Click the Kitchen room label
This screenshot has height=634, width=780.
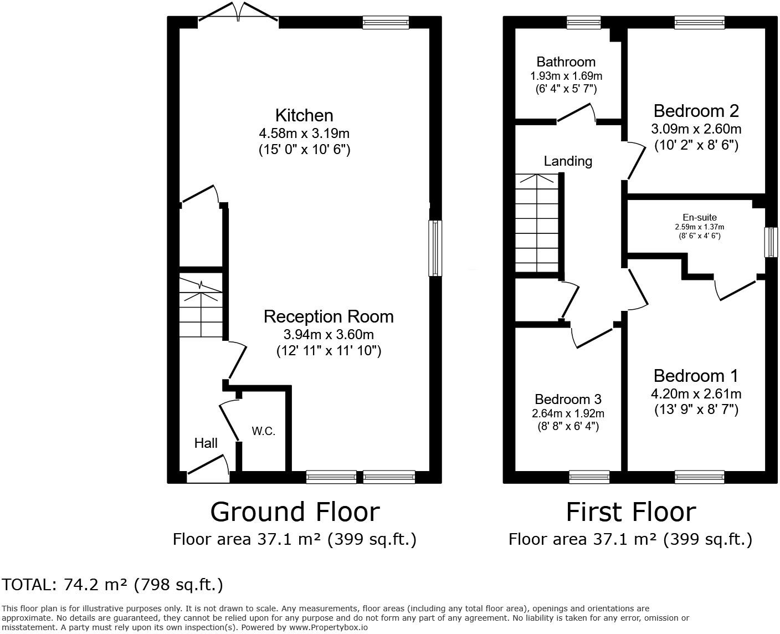(x=304, y=115)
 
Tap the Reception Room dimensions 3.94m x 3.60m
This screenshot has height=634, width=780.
(x=329, y=334)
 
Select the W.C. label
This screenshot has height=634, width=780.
(x=263, y=431)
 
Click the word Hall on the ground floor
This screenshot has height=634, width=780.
(x=206, y=443)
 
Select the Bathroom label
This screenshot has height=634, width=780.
(x=566, y=62)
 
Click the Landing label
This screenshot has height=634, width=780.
(x=568, y=161)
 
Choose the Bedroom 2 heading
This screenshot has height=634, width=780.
(x=696, y=111)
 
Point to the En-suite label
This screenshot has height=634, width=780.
(x=699, y=218)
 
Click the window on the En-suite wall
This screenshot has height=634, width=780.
(x=771, y=242)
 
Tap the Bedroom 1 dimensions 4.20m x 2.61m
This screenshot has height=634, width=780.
(x=696, y=394)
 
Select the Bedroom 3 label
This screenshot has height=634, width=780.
(x=568, y=399)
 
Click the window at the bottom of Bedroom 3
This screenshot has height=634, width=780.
(x=589, y=477)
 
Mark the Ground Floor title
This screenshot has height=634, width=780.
(x=295, y=512)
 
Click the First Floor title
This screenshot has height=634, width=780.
(x=630, y=512)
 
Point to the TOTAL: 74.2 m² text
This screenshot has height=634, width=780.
(x=112, y=584)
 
